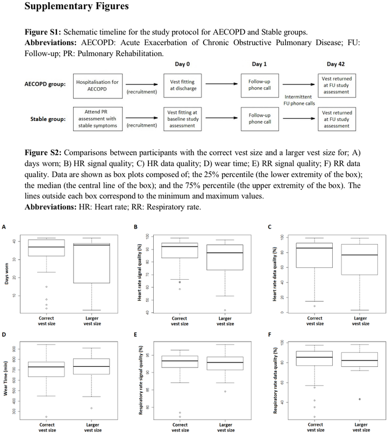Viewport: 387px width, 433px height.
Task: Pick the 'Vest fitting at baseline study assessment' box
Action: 184,119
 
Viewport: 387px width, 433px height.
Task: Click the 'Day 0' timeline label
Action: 184,64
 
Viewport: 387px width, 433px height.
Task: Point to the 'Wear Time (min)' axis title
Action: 7,380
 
